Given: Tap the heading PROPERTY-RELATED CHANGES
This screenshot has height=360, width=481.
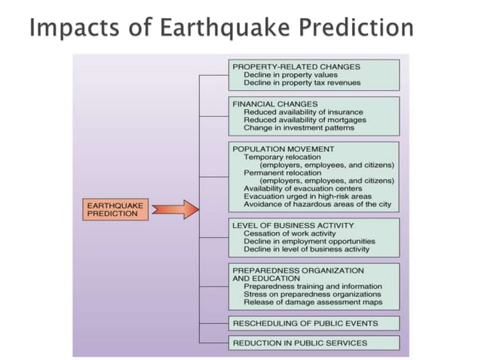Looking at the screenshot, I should (291, 66).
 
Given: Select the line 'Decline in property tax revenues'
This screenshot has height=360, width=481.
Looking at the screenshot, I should (302, 83).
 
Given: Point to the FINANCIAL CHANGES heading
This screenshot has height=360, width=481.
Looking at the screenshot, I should (275, 103).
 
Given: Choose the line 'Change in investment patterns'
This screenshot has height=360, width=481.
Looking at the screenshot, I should (299, 128).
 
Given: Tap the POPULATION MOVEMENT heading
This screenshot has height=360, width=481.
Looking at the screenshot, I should (283, 149).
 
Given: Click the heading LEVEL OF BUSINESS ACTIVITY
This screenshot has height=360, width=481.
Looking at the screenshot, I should (293, 225).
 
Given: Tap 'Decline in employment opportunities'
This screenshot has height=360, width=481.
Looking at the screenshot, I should (309, 241).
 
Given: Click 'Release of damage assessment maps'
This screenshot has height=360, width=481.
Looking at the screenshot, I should (312, 302).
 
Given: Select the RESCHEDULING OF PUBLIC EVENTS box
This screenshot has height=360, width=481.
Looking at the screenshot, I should (305, 323).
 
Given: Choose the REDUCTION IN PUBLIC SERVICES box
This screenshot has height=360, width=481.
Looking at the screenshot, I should (300, 343).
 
